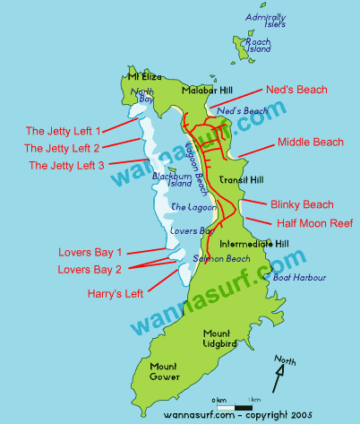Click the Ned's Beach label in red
coord(296,90)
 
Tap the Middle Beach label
coord(310,142)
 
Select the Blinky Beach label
coord(301,204)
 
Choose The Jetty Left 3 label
coord(66,165)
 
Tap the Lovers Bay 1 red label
coord(89,252)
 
